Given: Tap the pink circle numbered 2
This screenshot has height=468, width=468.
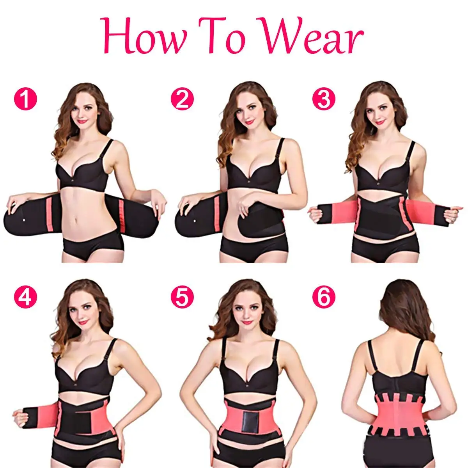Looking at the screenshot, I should tap(182, 99).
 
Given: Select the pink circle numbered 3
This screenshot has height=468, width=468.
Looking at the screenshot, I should tap(323, 99).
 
